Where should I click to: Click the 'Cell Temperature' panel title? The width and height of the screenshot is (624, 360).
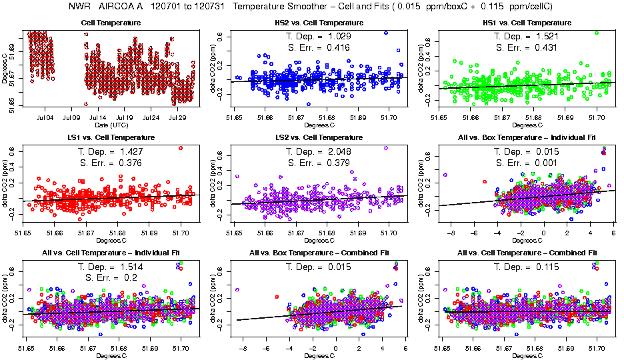tap(111, 23)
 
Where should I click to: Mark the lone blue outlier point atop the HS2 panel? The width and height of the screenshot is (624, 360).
tap(385, 33)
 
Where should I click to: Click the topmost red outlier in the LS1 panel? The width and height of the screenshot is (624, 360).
tap(181, 148)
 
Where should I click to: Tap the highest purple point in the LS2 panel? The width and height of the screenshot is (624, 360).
tap(385, 148)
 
